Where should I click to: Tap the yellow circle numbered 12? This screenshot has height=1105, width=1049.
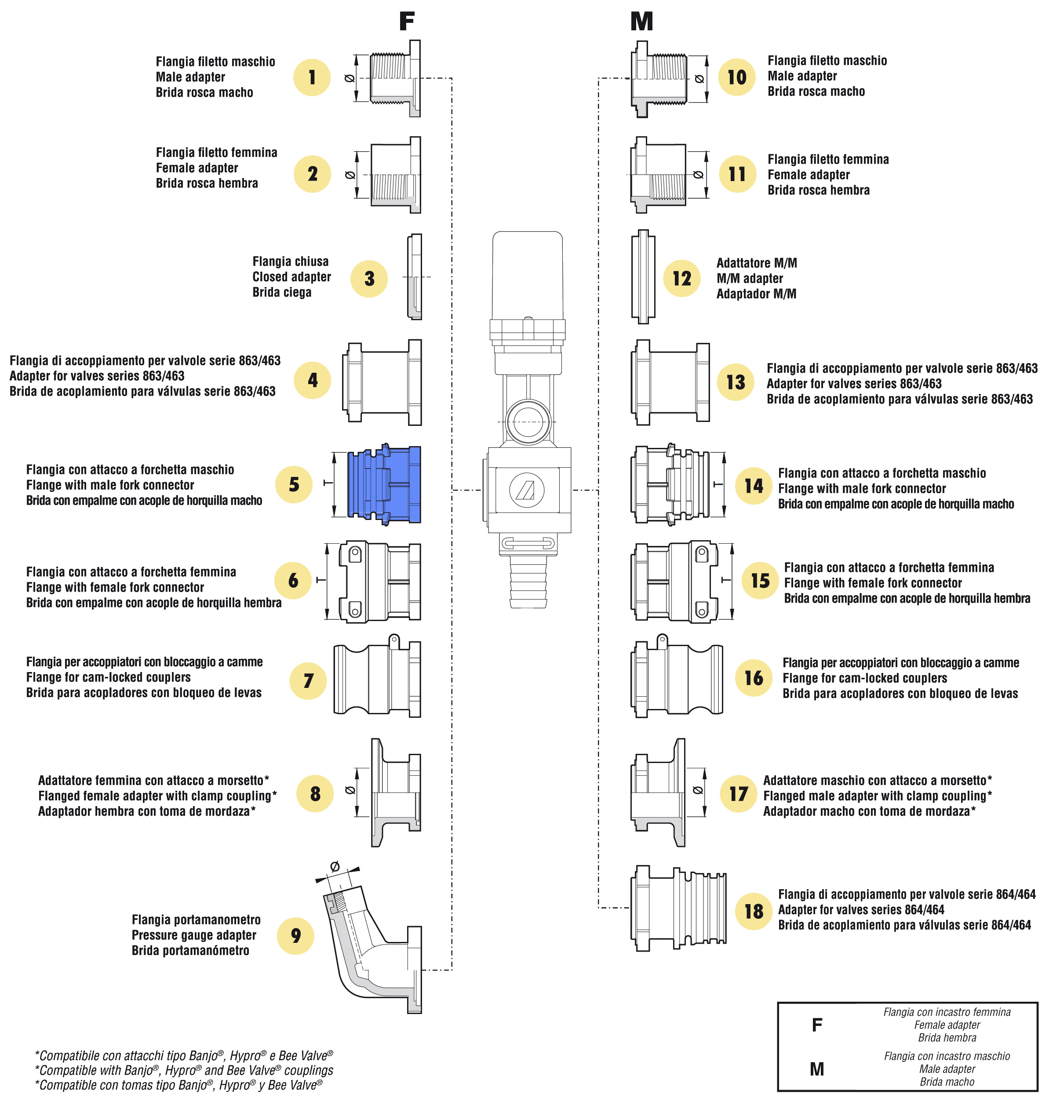point(681,278)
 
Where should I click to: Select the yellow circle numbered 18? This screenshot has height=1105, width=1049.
point(753,911)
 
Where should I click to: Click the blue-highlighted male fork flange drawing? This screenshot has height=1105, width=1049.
point(384,484)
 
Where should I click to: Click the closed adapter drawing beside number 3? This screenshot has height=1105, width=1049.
point(414,276)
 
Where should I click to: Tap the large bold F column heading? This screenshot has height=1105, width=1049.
point(407,21)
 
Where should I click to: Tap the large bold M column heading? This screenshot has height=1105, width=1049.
point(641,21)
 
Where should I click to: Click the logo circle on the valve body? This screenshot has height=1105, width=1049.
point(527,490)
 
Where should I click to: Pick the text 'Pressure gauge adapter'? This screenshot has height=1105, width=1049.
point(194,935)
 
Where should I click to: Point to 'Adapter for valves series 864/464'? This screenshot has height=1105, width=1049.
point(861,909)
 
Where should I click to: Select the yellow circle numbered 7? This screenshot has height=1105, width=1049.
point(308,680)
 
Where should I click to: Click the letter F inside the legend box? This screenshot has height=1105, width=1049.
point(817,1025)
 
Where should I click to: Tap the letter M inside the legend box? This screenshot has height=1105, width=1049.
point(817,1069)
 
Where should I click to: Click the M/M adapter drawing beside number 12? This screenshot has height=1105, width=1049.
point(643,276)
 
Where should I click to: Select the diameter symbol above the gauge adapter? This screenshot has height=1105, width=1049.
point(335,866)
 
